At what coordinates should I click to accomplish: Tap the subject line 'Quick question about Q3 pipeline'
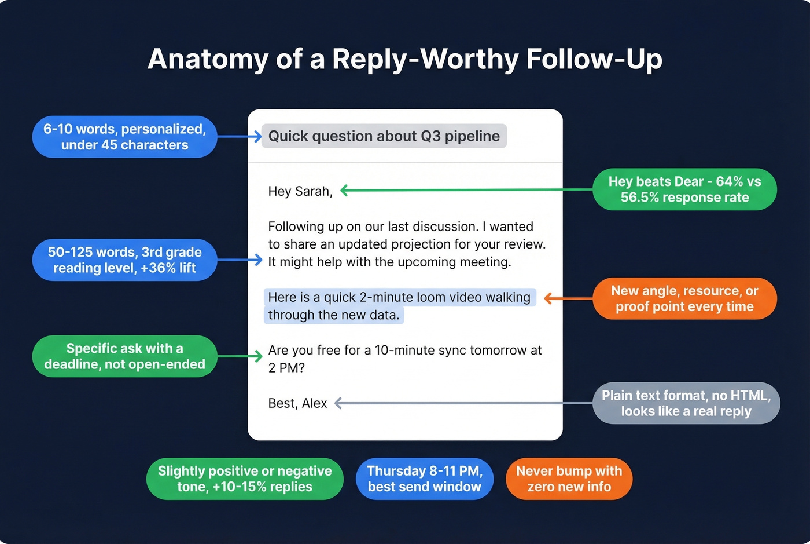(x=384, y=136)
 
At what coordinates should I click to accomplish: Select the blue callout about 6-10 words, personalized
(x=124, y=137)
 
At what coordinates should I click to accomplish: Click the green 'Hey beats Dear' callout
(x=684, y=189)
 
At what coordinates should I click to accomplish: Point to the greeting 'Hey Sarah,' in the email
(x=300, y=191)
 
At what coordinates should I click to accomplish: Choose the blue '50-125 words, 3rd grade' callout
(x=124, y=260)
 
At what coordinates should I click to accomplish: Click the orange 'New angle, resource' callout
(x=684, y=298)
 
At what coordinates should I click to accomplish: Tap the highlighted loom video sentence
(x=399, y=306)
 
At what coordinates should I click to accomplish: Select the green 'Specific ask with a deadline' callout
(x=124, y=356)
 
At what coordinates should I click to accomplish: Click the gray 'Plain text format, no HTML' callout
(x=686, y=403)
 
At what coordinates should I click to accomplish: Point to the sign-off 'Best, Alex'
(x=297, y=403)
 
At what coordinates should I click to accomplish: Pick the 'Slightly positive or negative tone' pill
(x=245, y=479)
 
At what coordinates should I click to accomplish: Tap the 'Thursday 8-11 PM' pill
(x=424, y=479)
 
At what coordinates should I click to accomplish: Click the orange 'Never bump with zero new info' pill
(x=569, y=479)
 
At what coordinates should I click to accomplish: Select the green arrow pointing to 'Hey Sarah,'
(x=463, y=190)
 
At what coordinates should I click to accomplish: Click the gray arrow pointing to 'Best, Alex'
(x=463, y=403)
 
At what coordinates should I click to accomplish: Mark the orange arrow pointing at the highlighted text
(x=567, y=298)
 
